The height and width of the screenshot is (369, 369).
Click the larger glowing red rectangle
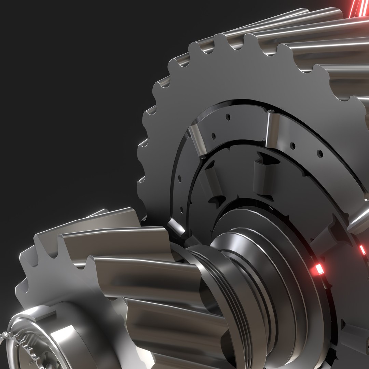coord(319,269)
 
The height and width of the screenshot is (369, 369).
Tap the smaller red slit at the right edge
coord(363,250)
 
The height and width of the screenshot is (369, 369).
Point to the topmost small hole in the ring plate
coord(228,117)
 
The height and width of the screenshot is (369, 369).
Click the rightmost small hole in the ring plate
coord(320,153)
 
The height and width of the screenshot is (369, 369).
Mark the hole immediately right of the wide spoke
coord(292,146)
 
